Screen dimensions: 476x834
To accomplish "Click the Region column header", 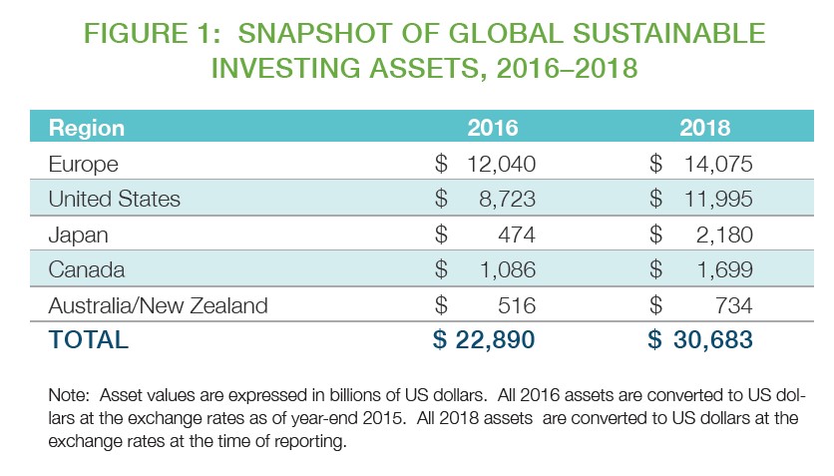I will coord(87,129).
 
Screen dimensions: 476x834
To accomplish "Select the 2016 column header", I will coord(493,129).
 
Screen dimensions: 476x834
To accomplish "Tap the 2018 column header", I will coord(705,129).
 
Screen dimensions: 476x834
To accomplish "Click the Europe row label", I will coord(83,164).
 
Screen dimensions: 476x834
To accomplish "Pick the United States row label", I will coord(114,200).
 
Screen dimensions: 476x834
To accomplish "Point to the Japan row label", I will coord(78,235).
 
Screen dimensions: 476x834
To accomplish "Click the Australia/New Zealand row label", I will coord(158,305).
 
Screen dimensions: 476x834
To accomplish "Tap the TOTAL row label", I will coord(88,339).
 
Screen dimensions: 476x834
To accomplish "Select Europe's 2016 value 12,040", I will coord(502,164).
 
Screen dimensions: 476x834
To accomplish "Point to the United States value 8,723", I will coord(509,200).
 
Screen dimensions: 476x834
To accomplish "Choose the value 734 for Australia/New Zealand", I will coord(731,305).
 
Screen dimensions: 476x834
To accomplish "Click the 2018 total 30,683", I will coord(712,339).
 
